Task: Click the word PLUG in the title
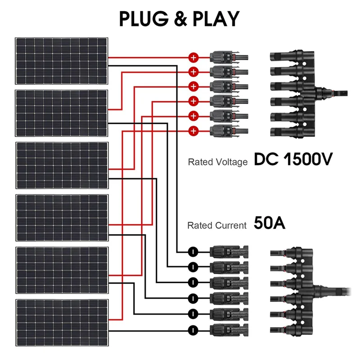[x=144, y=18]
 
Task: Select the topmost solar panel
[x=62, y=61]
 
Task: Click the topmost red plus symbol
[x=193, y=58]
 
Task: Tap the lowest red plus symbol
[x=193, y=131]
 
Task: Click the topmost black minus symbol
[x=193, y=251]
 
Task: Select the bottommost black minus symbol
[x=193, y=329]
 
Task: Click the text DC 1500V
[x=293, y=160]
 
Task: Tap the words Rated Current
[x=217, y=225]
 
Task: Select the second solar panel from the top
[x=62, y=113]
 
